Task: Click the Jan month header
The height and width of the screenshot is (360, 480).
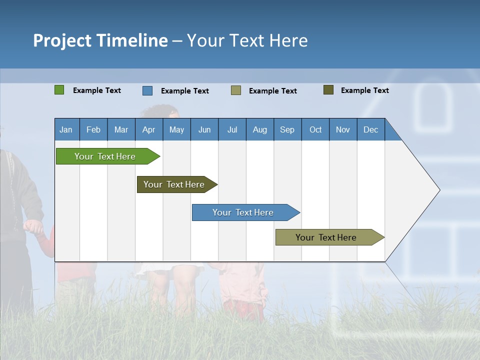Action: tap(66, 129)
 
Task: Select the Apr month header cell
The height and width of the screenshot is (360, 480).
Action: tap(149, 129)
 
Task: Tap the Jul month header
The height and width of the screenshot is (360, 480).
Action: tap(232, 129)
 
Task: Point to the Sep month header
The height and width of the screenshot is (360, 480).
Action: tap(287, 129)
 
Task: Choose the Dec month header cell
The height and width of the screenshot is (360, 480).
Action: tap(370, 129)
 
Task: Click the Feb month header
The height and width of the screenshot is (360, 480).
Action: tap(93, 129)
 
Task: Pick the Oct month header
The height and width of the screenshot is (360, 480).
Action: tap(315, 129)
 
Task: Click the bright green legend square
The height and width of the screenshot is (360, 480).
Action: tap(59, 90)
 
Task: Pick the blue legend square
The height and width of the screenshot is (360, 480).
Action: tap(147, 90)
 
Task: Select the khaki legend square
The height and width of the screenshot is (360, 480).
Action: tap(236, 90)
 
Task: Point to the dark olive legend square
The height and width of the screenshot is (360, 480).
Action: tap(328, 90)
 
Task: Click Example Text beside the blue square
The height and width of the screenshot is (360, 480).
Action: tap(185, 91)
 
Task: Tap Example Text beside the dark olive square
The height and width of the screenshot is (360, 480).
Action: tap(365, 90)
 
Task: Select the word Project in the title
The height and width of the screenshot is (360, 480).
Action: tap(62, 40)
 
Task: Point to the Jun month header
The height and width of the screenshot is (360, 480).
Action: tap(204, 129)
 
